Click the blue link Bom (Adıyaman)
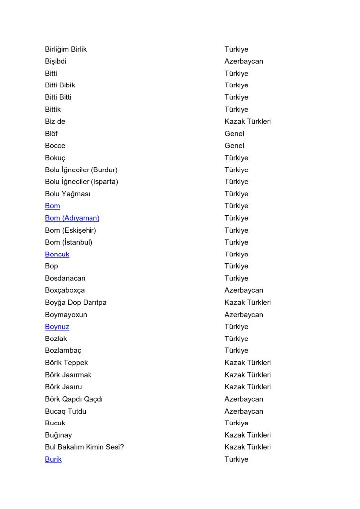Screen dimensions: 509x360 click(72, 218)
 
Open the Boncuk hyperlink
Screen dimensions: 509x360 click(57, 254)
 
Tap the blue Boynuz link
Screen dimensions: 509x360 click(57, 327)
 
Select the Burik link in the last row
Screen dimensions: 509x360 click(53, 459)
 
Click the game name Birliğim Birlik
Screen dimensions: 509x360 click(66, 49)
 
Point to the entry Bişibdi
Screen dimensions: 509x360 click(56, 61)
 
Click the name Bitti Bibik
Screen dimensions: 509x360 click(60, 85)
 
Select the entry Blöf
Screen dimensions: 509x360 click(51, 134)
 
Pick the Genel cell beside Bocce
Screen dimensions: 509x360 click(234, 146)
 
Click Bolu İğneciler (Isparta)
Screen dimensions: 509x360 click(82, 182)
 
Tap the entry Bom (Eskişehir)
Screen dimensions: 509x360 click(70, 230)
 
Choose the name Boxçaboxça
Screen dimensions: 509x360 click(65, 290)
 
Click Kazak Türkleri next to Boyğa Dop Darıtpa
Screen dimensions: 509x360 click(248, 302)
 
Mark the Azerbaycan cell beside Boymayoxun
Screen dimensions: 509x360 click(244, 315)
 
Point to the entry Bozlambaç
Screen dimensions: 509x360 click(63, 350)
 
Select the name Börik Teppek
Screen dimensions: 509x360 click(66, 363)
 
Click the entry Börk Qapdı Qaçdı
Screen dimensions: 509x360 click(74, 399)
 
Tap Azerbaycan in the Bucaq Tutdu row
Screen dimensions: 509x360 click(244, 411)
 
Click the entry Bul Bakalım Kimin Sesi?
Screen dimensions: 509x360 click(84, 447)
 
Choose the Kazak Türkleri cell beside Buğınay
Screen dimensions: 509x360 click(248, 435)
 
